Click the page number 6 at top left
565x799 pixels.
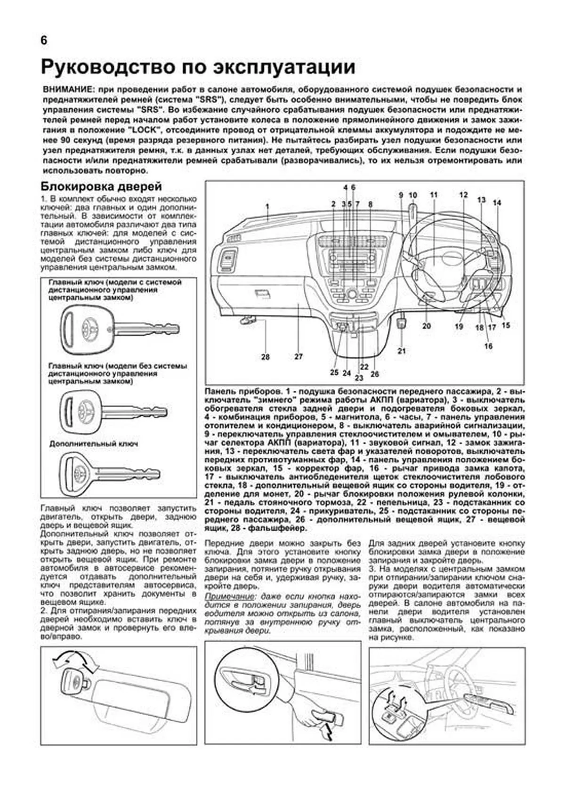point(44,40)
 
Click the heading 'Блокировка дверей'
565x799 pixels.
point(101,187)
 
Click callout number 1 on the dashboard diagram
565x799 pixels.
point(266,206)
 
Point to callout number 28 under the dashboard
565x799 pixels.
point(266,357)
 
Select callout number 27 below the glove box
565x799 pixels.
point(299,357)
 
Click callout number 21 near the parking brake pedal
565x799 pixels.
point(401,351)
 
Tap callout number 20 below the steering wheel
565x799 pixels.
point(427,326)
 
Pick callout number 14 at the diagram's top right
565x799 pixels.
point(497,203)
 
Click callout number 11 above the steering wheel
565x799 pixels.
point(433,195)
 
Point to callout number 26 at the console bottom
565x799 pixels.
point(374,374)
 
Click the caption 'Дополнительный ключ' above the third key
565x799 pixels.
point(93,444)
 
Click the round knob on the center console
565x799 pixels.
point(351,294)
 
